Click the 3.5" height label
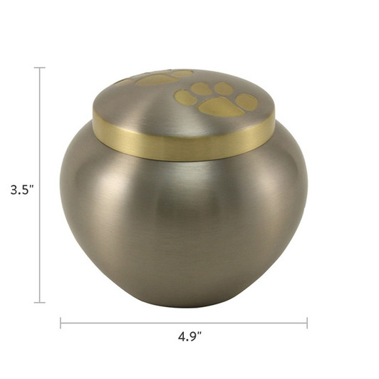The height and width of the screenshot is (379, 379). (x=22, y=190)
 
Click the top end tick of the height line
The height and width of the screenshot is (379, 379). (x=40, y=68)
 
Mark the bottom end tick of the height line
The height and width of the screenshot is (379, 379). (x=40, y=303)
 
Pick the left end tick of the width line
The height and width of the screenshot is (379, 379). (x=61, y=323)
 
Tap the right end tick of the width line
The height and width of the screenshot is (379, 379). (x=307, y=323)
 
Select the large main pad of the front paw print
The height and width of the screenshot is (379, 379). (x=220, y=108)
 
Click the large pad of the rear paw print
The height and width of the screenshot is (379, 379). (x=157, y=80)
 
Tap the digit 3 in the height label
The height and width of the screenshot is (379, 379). (x=14, y=190)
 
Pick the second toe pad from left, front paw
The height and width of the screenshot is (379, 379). (x=201, y=88)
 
